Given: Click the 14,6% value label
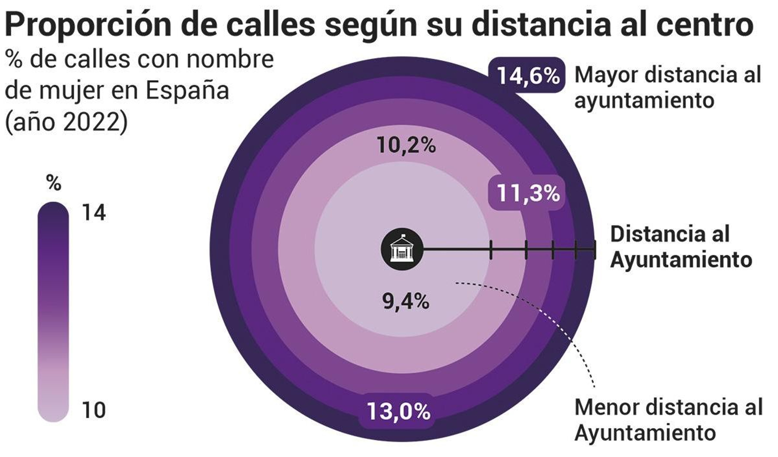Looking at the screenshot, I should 528,75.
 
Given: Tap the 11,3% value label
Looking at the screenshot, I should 528,193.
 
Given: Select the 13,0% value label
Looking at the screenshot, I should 398,411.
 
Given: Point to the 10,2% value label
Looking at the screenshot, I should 406,145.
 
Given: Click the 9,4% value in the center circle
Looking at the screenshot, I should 406,302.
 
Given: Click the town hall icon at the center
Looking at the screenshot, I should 402,249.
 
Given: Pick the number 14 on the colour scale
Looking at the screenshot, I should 94,213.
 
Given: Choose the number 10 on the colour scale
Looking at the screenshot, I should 94,410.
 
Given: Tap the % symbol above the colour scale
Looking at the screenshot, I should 53,183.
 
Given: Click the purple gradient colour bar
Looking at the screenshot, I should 53,311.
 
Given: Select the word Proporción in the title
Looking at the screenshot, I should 88,24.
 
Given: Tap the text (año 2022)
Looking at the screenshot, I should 66,122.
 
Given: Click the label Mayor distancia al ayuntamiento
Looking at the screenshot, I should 667,88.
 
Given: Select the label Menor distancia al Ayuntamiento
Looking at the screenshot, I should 669,420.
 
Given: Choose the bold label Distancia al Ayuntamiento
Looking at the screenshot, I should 681,247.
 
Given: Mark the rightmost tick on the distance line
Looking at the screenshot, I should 594,249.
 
